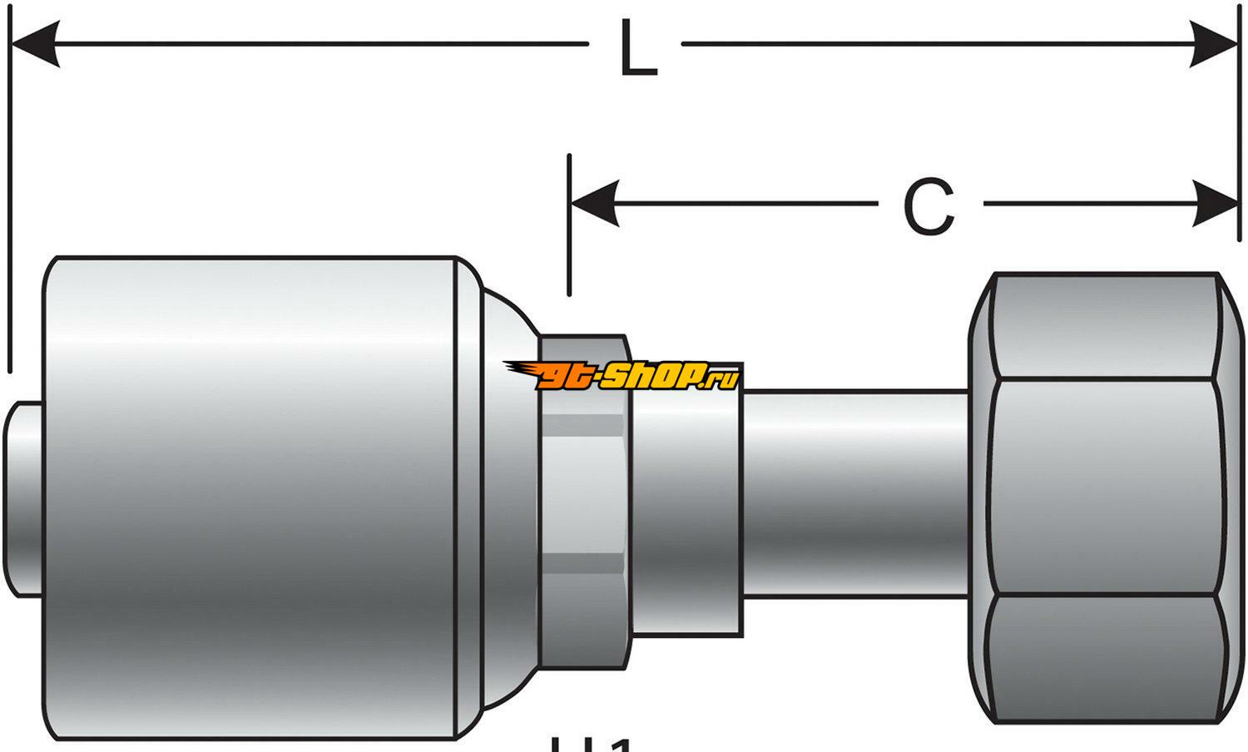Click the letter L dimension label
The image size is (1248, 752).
coord(638,51)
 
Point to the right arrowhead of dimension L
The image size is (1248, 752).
coord(1214,44)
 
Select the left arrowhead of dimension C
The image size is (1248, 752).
coord(594,204)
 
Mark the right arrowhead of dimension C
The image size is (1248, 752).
coord(1215,204)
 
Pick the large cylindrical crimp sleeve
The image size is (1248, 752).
coord(250,497)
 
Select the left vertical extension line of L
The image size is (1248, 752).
coord(9,208)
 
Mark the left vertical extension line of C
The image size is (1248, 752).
coord(569,225)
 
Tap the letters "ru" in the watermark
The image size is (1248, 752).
coord(726,381)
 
